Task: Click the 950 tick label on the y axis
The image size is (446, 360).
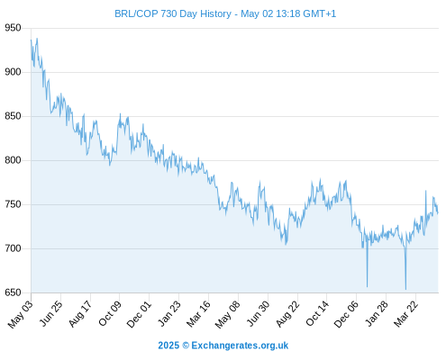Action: pyautogui.click(x=13, y=28)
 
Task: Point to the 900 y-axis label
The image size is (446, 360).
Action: pyautogui.click(x=13, y=72)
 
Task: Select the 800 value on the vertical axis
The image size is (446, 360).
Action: pyautogui.click(x=13, y=160)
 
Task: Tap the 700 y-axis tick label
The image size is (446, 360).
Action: pyautogui.click(x=13, y=248)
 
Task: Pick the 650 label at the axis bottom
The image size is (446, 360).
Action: pyautogui.click(x=13, y=292)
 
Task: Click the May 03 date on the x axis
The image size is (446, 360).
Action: pyautogui.click(x=21, y=314)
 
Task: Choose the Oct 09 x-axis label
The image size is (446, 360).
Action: pyautogui.click(x=110, y=313)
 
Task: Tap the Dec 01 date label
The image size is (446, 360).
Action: pyautogui.click(x=139, y=314)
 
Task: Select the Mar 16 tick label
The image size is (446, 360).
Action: pyautogui.click(x=198, y=314)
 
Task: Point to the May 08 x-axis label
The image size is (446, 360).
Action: pyautogui.click(x=228, y=314)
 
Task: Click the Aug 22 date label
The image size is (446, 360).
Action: pyautogui.click(x=288, y=314)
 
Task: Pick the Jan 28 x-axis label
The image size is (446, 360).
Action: pyautogui.click(x=377, y=313)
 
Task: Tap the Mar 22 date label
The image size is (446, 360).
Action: pyautogui.click(x=405, y=314)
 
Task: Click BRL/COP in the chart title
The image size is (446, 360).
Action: pyautogui.click(x=136, y=13)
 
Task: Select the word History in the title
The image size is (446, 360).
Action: pyautogui.click(x=215, y=13)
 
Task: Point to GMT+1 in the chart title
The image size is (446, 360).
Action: pyautogui.click(x=320, y=13)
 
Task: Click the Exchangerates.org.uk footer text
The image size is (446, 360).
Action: pyautogui.click(x=240, y=346)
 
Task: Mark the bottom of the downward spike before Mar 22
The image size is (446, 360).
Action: pyautogui.click(x=405, y=289)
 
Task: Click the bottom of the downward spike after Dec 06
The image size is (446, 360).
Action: pyautogui.click(x=367, y=287)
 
